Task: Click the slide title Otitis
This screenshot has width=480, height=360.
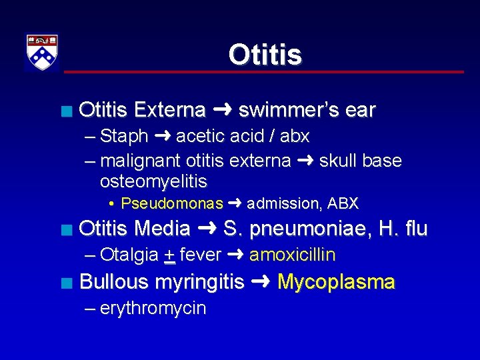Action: click(265, 55)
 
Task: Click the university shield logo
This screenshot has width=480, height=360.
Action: click(42, 52)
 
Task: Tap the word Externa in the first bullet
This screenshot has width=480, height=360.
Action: click(169, 110)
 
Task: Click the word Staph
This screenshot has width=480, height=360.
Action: click(124, 137)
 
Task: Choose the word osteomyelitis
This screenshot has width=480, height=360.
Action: click(153, 181)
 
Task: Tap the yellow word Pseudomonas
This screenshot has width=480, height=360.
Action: click(172, 203)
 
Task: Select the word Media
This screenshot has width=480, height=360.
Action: click(162, 229)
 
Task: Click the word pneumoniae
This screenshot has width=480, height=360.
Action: click(312, 229)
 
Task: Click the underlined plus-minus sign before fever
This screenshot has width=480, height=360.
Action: click(170, 255)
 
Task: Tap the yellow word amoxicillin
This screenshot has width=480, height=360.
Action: click(292, 255)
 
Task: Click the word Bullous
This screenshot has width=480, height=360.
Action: click(113, 281)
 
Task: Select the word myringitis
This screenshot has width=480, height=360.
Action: click(199, 283)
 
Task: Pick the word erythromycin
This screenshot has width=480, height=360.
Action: click(153, 308)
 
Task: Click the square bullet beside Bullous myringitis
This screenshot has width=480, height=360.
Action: click(64, 283)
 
